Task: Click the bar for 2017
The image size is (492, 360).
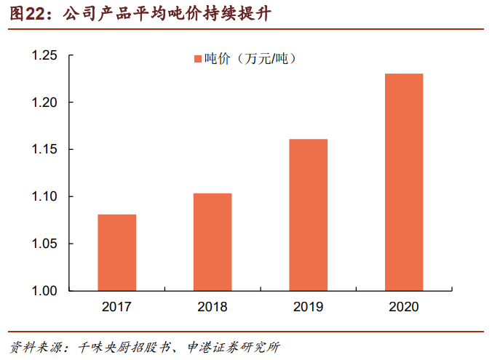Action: coord(116,252)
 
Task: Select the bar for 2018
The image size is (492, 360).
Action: coord(213,241)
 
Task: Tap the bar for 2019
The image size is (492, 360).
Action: coord(308,215)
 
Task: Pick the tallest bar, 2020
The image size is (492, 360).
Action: coord(404,182)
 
